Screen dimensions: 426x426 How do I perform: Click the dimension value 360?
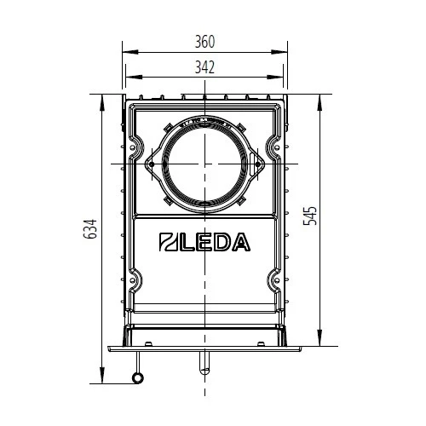click(204, 42)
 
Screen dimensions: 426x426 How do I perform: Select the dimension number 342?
click(204, 66)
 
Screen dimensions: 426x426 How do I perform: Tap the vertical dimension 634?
click(92, 230)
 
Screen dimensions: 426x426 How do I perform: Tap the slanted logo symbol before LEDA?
click(168, 243)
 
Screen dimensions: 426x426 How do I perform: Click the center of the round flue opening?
click(204, 162)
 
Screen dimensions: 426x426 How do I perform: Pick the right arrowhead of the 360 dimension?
click(284, 53)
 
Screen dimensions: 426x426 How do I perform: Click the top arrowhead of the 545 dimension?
click(319, 95)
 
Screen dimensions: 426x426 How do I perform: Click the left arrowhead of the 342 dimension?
click(129, 78)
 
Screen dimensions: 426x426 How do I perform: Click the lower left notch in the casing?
click(136, 278)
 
